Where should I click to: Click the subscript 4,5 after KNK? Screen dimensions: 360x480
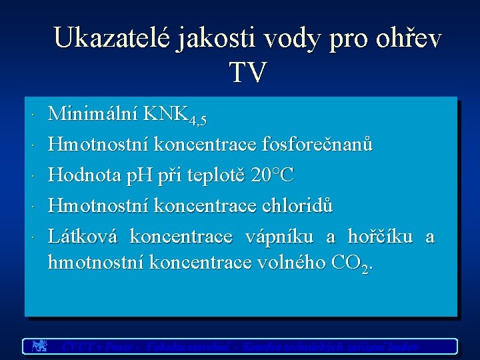click(x=198, y=121)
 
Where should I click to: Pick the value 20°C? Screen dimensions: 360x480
click(x=273, y=175)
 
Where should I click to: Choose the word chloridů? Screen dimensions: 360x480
click(x=295, y=206)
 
